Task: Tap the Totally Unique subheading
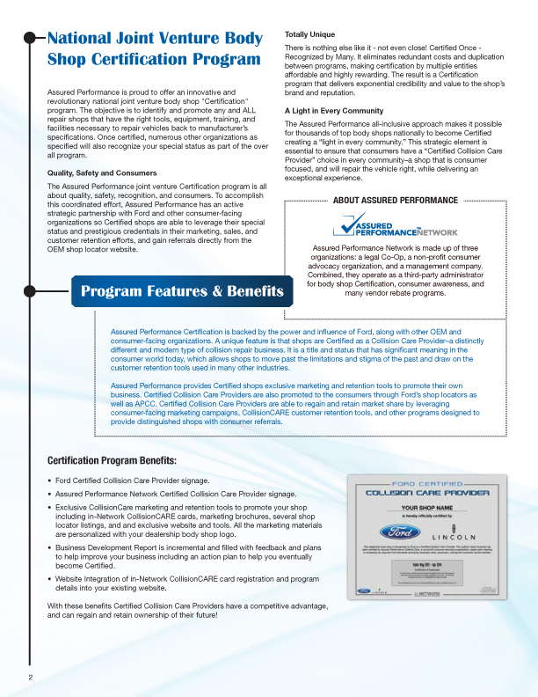pos(309,33)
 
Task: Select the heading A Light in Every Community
pos(335,110)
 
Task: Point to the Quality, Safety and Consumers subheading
pos(101,172)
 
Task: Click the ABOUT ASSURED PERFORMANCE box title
pos(395,201)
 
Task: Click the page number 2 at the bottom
pos(30,677)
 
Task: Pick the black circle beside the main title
pos(30,38)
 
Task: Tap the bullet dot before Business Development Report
pos(49,547)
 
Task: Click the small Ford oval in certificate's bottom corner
pos(363,591)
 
